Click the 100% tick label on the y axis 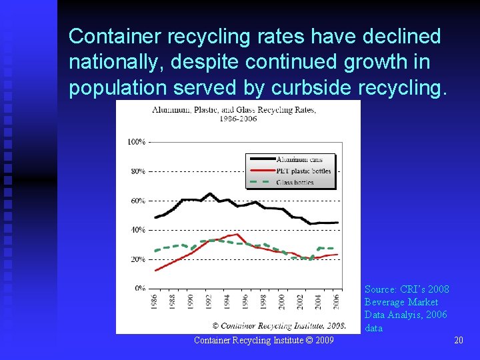136,142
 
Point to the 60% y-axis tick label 137,201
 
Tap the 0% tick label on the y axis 140,289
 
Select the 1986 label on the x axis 155,302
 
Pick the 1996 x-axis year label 245,302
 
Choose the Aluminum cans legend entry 297,160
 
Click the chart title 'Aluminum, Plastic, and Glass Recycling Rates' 234,110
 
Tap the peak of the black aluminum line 209,194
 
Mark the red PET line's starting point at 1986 155,270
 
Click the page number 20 458,341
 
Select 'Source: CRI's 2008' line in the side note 407,289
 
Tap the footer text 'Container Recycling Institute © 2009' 264,341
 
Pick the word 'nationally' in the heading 118,62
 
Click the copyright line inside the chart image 279,325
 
